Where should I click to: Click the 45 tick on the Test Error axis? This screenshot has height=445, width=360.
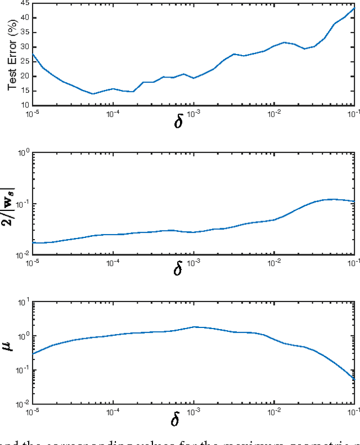25,3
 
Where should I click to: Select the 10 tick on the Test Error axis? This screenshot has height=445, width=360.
25,105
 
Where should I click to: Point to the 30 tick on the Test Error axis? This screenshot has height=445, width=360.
25,47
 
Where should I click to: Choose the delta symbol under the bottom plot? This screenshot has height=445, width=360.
178,419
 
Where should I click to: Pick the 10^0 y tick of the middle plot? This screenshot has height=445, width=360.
23,152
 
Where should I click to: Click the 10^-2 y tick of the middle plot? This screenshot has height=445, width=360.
22,255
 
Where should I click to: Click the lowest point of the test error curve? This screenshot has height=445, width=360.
93,94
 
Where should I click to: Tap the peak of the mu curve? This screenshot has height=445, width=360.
194,326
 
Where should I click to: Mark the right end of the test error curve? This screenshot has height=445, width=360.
354,8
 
